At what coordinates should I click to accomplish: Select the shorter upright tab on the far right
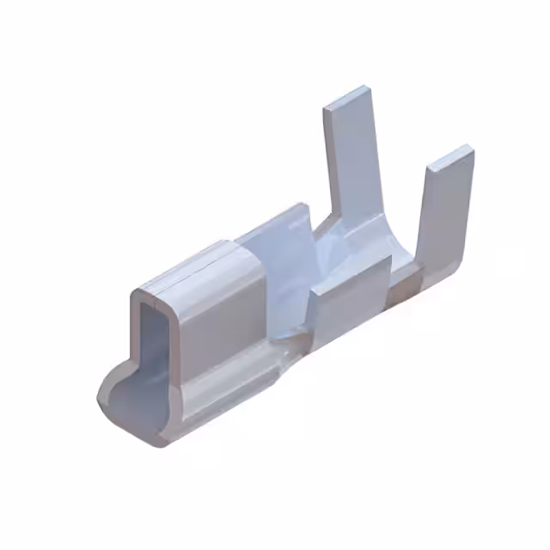[x=447, y=215]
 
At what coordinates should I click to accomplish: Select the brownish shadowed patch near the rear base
[x=404, y=288]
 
